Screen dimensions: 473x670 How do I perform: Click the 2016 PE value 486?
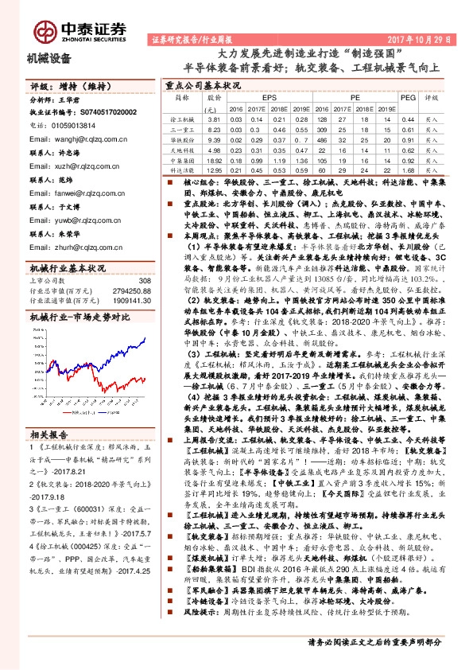coord(322,139)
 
